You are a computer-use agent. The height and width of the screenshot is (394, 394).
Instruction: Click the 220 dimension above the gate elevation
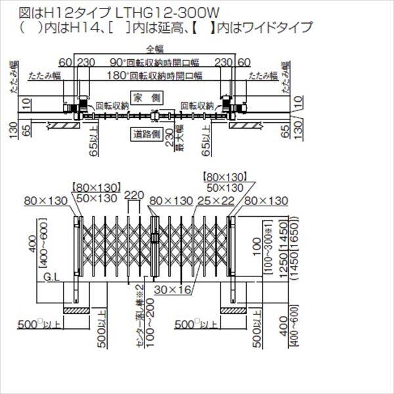click(134, 195)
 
